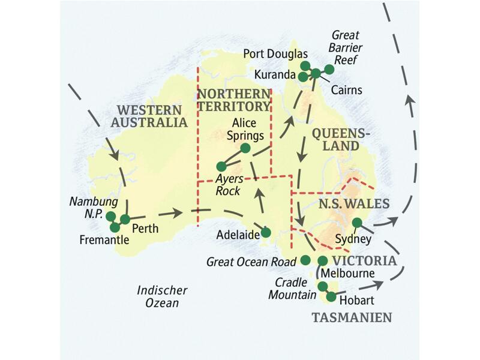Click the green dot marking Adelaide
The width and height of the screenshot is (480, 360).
[266, 232]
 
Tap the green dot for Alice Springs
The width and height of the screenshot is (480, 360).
[245, 148]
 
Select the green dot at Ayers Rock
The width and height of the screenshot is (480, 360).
[221, 166]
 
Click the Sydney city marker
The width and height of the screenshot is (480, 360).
[357, 223]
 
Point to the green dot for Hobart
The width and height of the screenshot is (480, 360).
[331, 296]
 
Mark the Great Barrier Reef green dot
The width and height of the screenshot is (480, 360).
[329, 69]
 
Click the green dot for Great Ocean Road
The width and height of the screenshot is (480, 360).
[305, 259]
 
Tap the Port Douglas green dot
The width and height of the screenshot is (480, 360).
[305, 65]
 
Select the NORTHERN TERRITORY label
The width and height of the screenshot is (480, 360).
[234, 100]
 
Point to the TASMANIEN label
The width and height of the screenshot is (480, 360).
[352, 317]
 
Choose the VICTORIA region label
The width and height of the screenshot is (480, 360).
[364, 261]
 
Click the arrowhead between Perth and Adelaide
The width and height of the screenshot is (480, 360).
[178, 212]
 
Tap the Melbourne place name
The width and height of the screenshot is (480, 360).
[349, 274]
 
